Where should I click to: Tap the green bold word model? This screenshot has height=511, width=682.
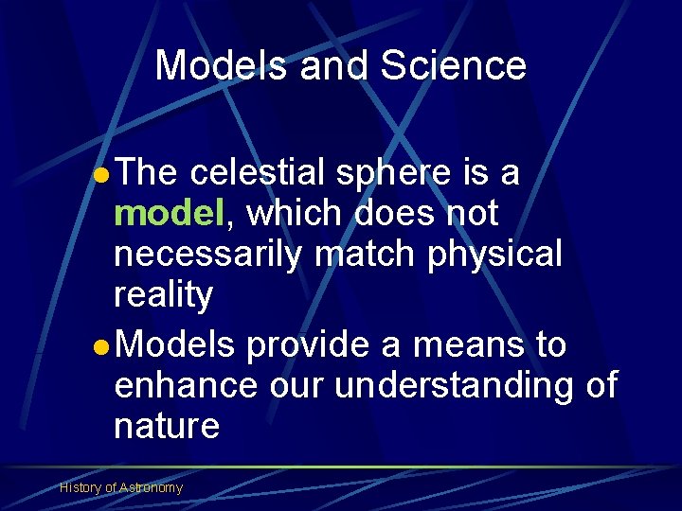point(168,213)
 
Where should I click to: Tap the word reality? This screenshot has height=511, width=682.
point(163,295)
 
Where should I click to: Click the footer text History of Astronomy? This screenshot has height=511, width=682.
point(121,488)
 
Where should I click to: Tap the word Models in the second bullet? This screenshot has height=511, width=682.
point(177,345)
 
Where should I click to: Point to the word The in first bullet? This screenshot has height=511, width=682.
point(149,173)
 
